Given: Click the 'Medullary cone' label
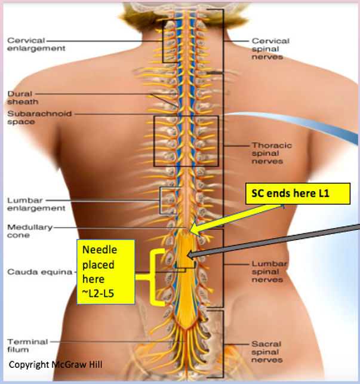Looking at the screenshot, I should tap(29, 231).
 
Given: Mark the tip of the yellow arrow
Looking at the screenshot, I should tap(189, 231).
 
